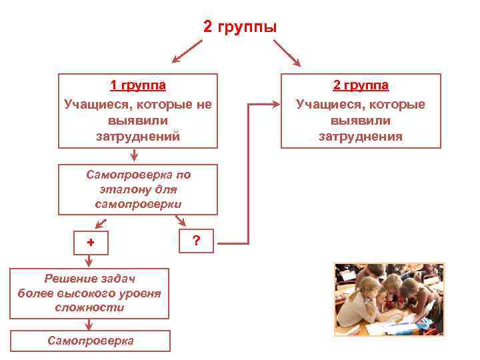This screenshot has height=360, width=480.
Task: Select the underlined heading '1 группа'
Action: [x=138, y=85]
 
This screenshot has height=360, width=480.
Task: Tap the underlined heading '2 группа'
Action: [x=361, y=85]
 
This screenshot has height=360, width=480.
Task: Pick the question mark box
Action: [x=196, y=241]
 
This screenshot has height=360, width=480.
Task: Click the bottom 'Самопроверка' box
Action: [x=91, y=341]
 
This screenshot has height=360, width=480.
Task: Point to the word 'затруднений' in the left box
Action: [x=138, y=137]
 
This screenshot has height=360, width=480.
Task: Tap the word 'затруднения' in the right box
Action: [x=361, y=137]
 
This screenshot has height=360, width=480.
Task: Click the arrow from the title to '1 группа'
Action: [x=187, y=52]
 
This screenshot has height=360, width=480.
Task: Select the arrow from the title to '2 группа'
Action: [x=287, y=52]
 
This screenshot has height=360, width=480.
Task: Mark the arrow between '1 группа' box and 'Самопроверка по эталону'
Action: [x=135, y=155]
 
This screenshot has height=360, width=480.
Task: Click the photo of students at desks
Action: [x=389, y=299]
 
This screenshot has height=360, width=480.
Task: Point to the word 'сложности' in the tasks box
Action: [x=90, y=308]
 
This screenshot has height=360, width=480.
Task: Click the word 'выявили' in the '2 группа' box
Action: [x=361, y=121]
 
